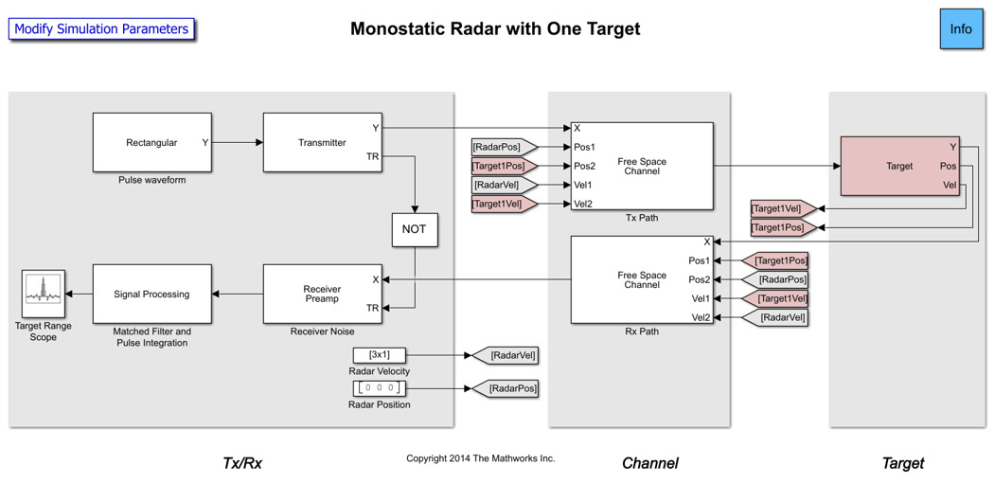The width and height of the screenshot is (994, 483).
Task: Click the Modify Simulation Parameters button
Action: point(101,29)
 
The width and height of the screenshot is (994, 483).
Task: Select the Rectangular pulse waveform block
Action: point(151,143)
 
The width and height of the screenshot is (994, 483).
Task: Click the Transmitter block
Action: point(322,143)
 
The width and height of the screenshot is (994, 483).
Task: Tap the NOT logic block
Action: point(415,229)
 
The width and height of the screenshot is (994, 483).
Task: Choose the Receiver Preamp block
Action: point(322,294)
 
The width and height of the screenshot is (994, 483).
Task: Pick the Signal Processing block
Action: point(151,294)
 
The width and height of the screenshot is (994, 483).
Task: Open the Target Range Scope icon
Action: point(43,294)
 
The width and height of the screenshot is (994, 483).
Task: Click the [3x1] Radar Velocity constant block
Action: point(379,355)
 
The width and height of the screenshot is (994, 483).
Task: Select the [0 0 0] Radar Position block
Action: point(379,388)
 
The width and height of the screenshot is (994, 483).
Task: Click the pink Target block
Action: point(899,166)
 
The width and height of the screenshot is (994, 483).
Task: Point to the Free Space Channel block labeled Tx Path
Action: point(642,166)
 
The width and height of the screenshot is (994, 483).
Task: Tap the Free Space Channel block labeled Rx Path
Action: point(642,279)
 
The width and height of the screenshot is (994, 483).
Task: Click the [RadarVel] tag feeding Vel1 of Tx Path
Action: point(502,185)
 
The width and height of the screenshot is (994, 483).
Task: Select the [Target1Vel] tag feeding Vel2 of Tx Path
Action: point(502,204)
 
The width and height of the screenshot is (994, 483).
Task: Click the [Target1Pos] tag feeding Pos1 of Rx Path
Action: point(778,260)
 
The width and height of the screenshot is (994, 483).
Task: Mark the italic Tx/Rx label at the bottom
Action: point(242,463)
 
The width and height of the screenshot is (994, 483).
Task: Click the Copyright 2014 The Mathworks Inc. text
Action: point(480,458)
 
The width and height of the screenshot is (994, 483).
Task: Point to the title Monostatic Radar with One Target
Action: point(495,28)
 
